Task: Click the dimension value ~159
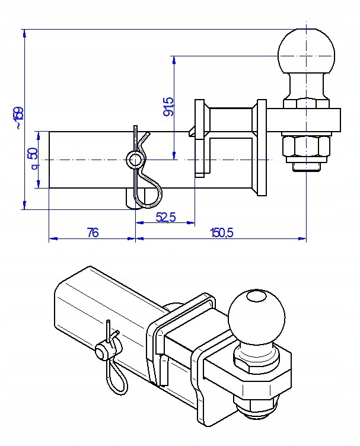click(x=20, y=118)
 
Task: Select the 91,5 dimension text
click(x=168, y=106)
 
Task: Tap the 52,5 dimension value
click(x=166, y=217)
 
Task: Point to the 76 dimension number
click(x=93, y=232)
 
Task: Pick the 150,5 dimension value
click(x=222, y=232)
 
